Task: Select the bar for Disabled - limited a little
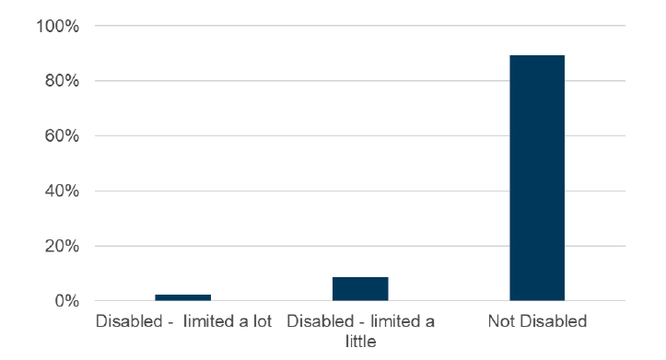click(360, 289)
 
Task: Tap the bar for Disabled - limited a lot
click(183, 297)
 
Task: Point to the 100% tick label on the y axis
click(58, 26)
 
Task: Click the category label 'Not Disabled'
click(538, 321)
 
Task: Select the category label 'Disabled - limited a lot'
click(183, 321)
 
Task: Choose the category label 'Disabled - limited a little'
click(360, 331)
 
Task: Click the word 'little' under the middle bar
click(360, 341)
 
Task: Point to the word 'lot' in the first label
click(260, 321)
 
